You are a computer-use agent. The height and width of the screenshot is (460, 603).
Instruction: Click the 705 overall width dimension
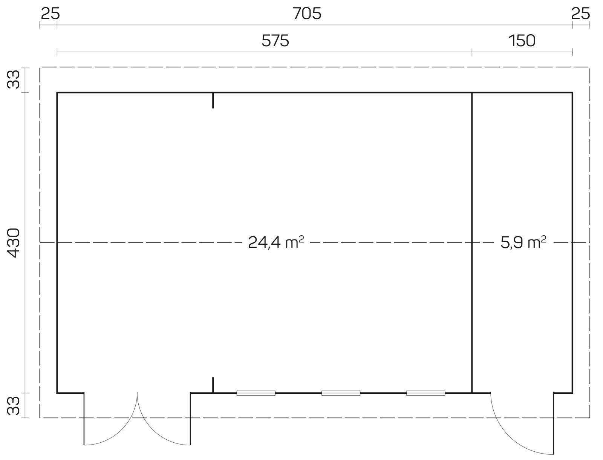(x=307, y=14)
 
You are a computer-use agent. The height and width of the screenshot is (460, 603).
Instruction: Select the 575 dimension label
(x=275, y=41)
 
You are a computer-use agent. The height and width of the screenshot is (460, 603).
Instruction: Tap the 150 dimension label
(x=522, y=41)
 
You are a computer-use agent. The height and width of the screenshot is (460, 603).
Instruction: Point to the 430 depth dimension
(x=13, y=243)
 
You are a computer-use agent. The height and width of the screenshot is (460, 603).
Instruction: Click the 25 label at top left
(x=50, y=14)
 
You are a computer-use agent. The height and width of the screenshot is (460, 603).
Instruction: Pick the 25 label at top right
(x=580, y=14)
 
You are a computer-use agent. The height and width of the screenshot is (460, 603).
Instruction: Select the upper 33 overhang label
(x=13, y=79)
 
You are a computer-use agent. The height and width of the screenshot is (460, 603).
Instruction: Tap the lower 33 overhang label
(x=13, y=405)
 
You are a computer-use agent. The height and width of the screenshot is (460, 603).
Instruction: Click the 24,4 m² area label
(x=276, y=242)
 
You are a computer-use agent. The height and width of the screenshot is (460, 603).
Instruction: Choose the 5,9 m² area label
(x=523, y=242)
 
